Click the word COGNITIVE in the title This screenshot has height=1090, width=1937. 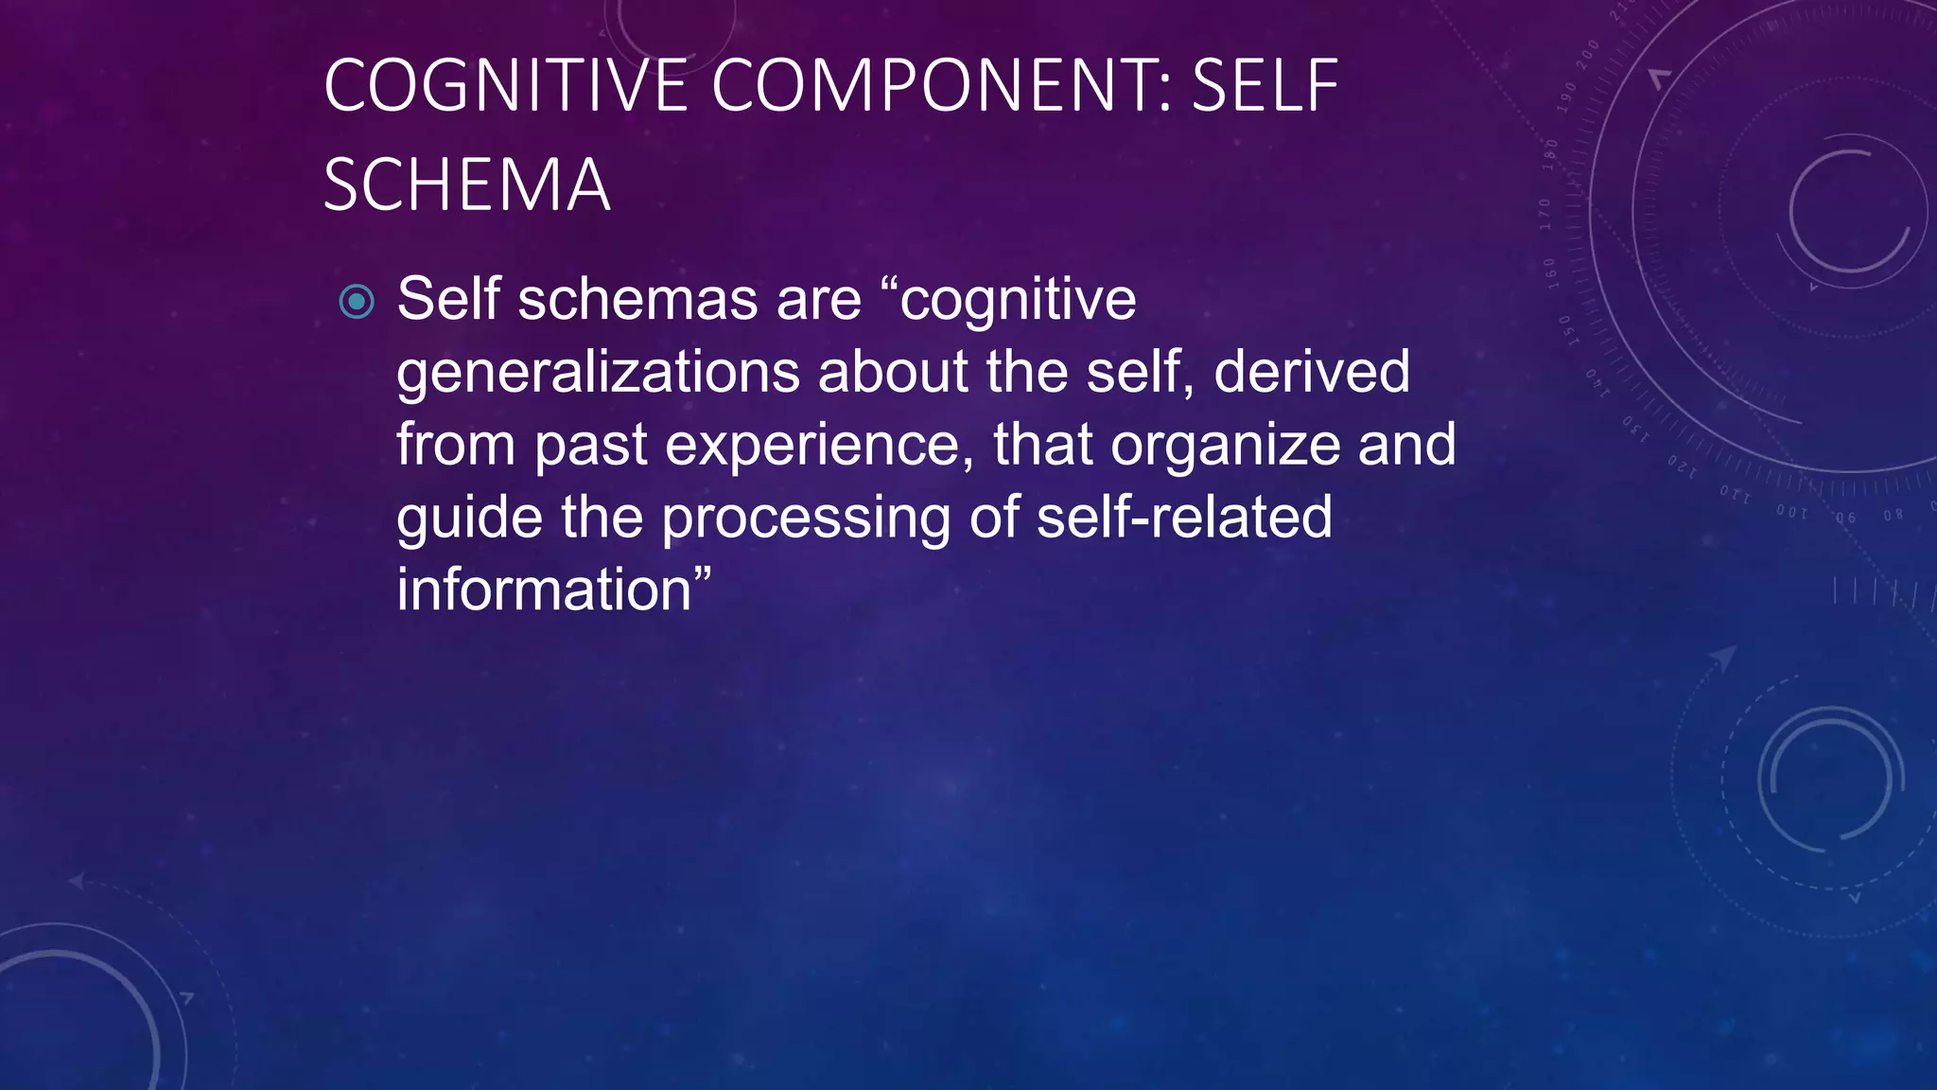click(x=505, y=86)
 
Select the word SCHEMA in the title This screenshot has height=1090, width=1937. click(x=466, y=185)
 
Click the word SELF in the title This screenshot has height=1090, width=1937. click(x=1265, y=86)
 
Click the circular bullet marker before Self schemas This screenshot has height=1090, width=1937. click(x=357, y=303)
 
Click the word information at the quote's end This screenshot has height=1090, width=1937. click(x=545, y=589)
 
